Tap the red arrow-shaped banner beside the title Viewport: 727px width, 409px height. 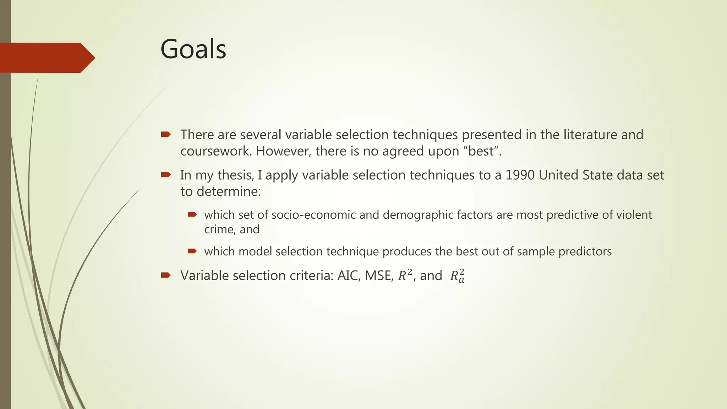pos(46,58)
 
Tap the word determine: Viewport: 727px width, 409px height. pos(229,192)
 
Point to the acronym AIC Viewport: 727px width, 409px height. pos(348,276)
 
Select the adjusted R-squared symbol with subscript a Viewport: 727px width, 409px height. pos(457,276)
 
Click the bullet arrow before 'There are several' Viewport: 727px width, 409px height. pos(166,134)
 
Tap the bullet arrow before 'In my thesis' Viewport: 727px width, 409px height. pos(166,174)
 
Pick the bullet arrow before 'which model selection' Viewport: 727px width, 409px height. pos(192,251)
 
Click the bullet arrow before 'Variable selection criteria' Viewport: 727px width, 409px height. pos(166,275)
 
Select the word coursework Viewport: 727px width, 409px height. pos(216,151)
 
